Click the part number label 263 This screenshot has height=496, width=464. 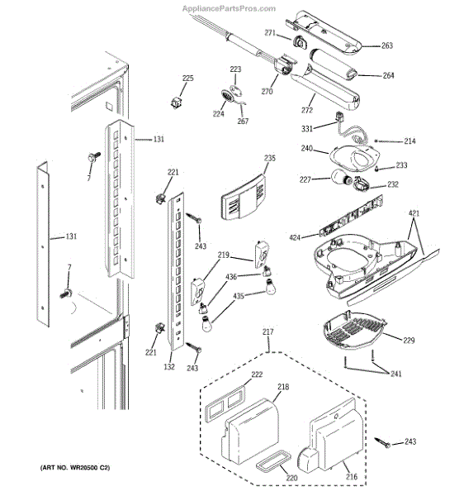click(x=387, y=45)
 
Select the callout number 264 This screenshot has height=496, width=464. click(x=388, y=75)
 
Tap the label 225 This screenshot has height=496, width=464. click(x=188, y=79)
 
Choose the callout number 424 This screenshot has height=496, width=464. click(x=295, y=237)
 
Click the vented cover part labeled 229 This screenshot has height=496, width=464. click(x=353, y=331)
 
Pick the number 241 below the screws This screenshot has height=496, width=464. click(x=395, y=374)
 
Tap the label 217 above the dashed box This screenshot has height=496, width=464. click(x=268, y=331)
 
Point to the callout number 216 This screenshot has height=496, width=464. click(x=352, y=476)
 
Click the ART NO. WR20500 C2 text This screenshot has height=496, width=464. click(x=75, y=468)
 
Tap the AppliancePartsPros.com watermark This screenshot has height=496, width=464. click(x=229, y=8)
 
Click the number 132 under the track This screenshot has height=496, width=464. click(x=169, y=366)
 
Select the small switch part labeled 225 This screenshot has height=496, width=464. click(x=177, y=103)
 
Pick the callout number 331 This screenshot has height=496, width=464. click(x=307, y=128)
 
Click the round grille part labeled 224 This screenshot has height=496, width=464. click(x=226, y=96)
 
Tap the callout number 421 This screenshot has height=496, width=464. click(x=414, y=213)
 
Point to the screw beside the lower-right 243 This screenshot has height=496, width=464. click(x=382, y=442)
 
